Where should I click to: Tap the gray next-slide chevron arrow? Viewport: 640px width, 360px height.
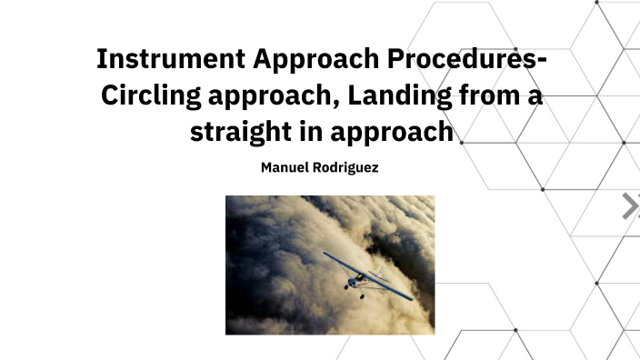coord(629,206)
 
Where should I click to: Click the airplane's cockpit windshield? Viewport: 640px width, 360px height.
coord(361,275)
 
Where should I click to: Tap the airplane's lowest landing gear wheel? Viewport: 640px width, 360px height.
coord(362,295)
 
